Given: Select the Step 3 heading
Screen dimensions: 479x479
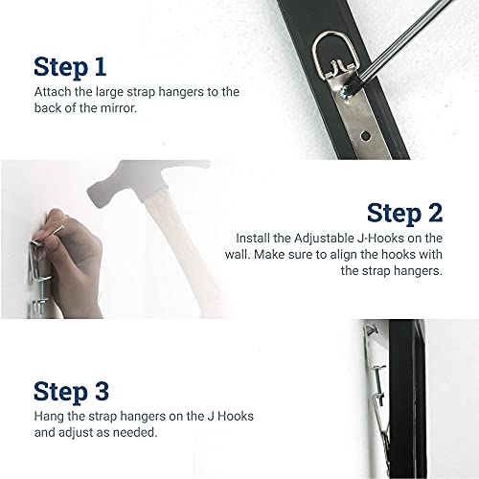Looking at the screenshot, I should coord(85,391).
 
